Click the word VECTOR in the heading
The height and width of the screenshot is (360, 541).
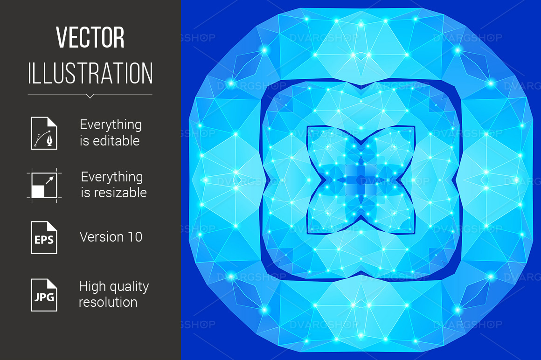(90, 37)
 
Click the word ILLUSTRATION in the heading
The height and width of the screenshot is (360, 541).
(90, 73)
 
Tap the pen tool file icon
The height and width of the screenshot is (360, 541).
(44, 133)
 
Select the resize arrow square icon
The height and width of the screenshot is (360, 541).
(44, 185)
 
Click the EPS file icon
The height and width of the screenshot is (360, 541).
(44, 237)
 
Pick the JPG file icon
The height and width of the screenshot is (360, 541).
(44, 295)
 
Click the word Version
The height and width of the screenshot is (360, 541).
(102, 237)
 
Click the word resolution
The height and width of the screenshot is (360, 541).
(108, 303)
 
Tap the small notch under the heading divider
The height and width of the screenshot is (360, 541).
(90, 96)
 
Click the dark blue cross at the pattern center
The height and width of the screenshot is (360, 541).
(361, 180)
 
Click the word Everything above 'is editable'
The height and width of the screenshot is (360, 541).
(111, 125)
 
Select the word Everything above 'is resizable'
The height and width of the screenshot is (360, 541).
(112, 177)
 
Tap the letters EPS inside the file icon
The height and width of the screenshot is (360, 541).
(44, 240)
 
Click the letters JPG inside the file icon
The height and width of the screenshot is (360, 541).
(44, 297)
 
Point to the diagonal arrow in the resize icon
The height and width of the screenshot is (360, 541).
(50, 180)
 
